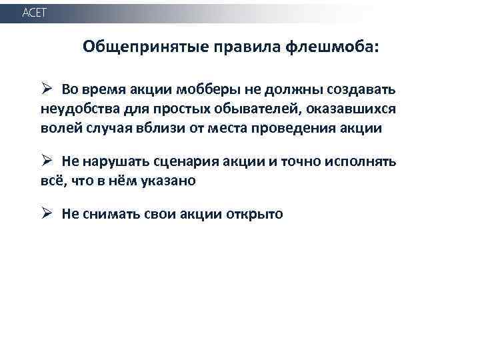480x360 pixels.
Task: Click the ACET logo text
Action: pyautogui.click(x=35, y=13)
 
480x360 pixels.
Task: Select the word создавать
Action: pyautogui.click(x=363, y=90)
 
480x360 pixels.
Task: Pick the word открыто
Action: pyautogui.click(x=256, y=215)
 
